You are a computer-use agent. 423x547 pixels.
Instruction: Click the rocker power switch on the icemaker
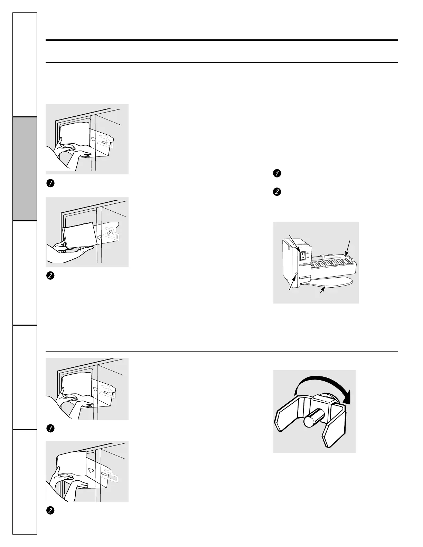(302, 255)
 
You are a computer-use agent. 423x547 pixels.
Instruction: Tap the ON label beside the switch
(308, 252)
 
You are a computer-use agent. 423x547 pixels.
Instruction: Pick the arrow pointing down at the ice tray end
(348, 247)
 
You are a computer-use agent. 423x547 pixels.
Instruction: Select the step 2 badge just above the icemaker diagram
(276, 192)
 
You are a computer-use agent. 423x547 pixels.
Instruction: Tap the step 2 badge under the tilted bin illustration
(50, 276)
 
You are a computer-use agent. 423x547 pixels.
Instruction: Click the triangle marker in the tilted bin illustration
(100, 237)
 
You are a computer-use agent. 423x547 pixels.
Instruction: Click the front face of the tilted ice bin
(78, 234)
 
